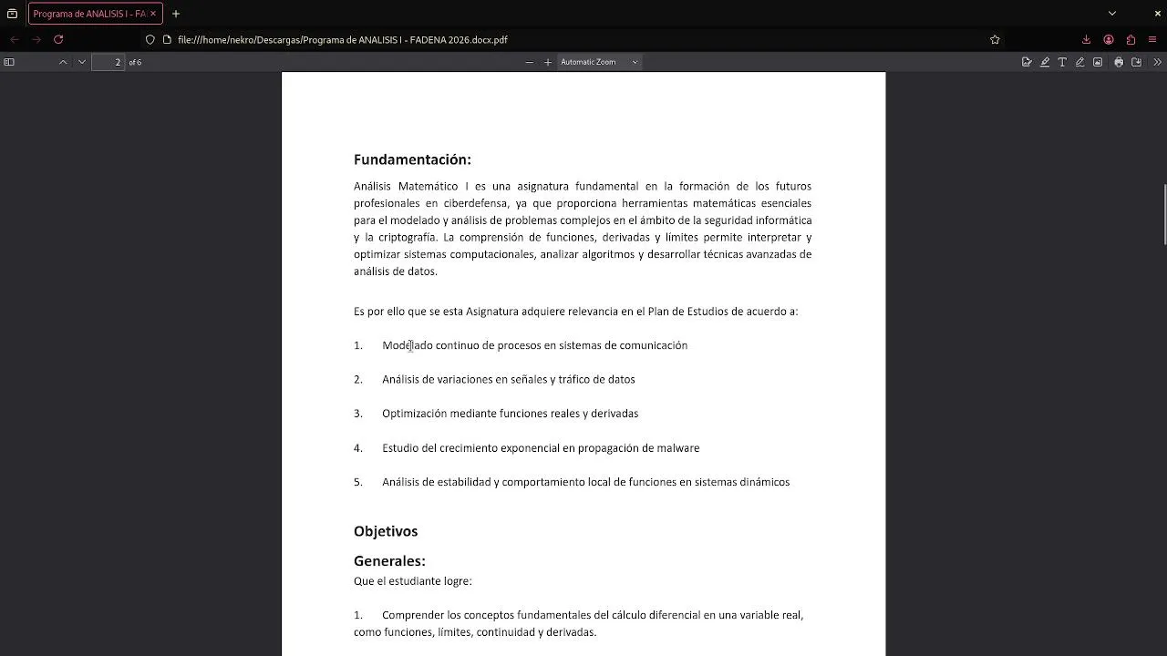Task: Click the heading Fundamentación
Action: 412,159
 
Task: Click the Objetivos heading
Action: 386,531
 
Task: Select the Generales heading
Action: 389,561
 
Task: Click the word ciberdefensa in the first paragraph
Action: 476,203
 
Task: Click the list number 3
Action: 358,414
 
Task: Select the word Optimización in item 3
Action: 414,414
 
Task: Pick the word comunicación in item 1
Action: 653,345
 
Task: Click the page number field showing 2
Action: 117,62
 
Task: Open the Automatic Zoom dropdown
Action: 599,62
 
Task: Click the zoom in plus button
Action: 548,62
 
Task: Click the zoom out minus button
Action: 529,62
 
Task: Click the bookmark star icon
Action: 995,40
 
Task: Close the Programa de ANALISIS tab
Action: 152,14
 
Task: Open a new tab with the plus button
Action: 176,14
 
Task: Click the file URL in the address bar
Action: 343,40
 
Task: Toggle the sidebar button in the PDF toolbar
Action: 9,62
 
